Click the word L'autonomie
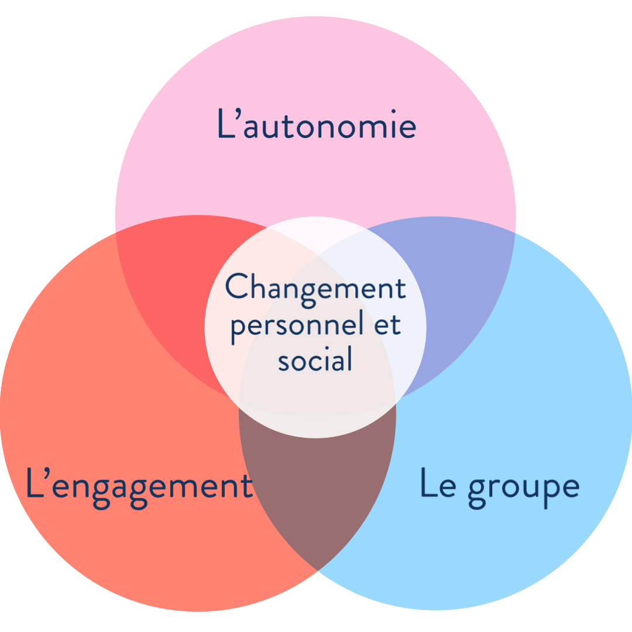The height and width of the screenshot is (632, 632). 317,123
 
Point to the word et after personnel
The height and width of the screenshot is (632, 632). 387,325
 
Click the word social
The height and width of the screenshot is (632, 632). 315,358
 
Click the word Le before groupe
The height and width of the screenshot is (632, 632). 438,484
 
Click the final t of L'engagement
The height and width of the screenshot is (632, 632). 246,485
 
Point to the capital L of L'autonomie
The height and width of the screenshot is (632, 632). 226,123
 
